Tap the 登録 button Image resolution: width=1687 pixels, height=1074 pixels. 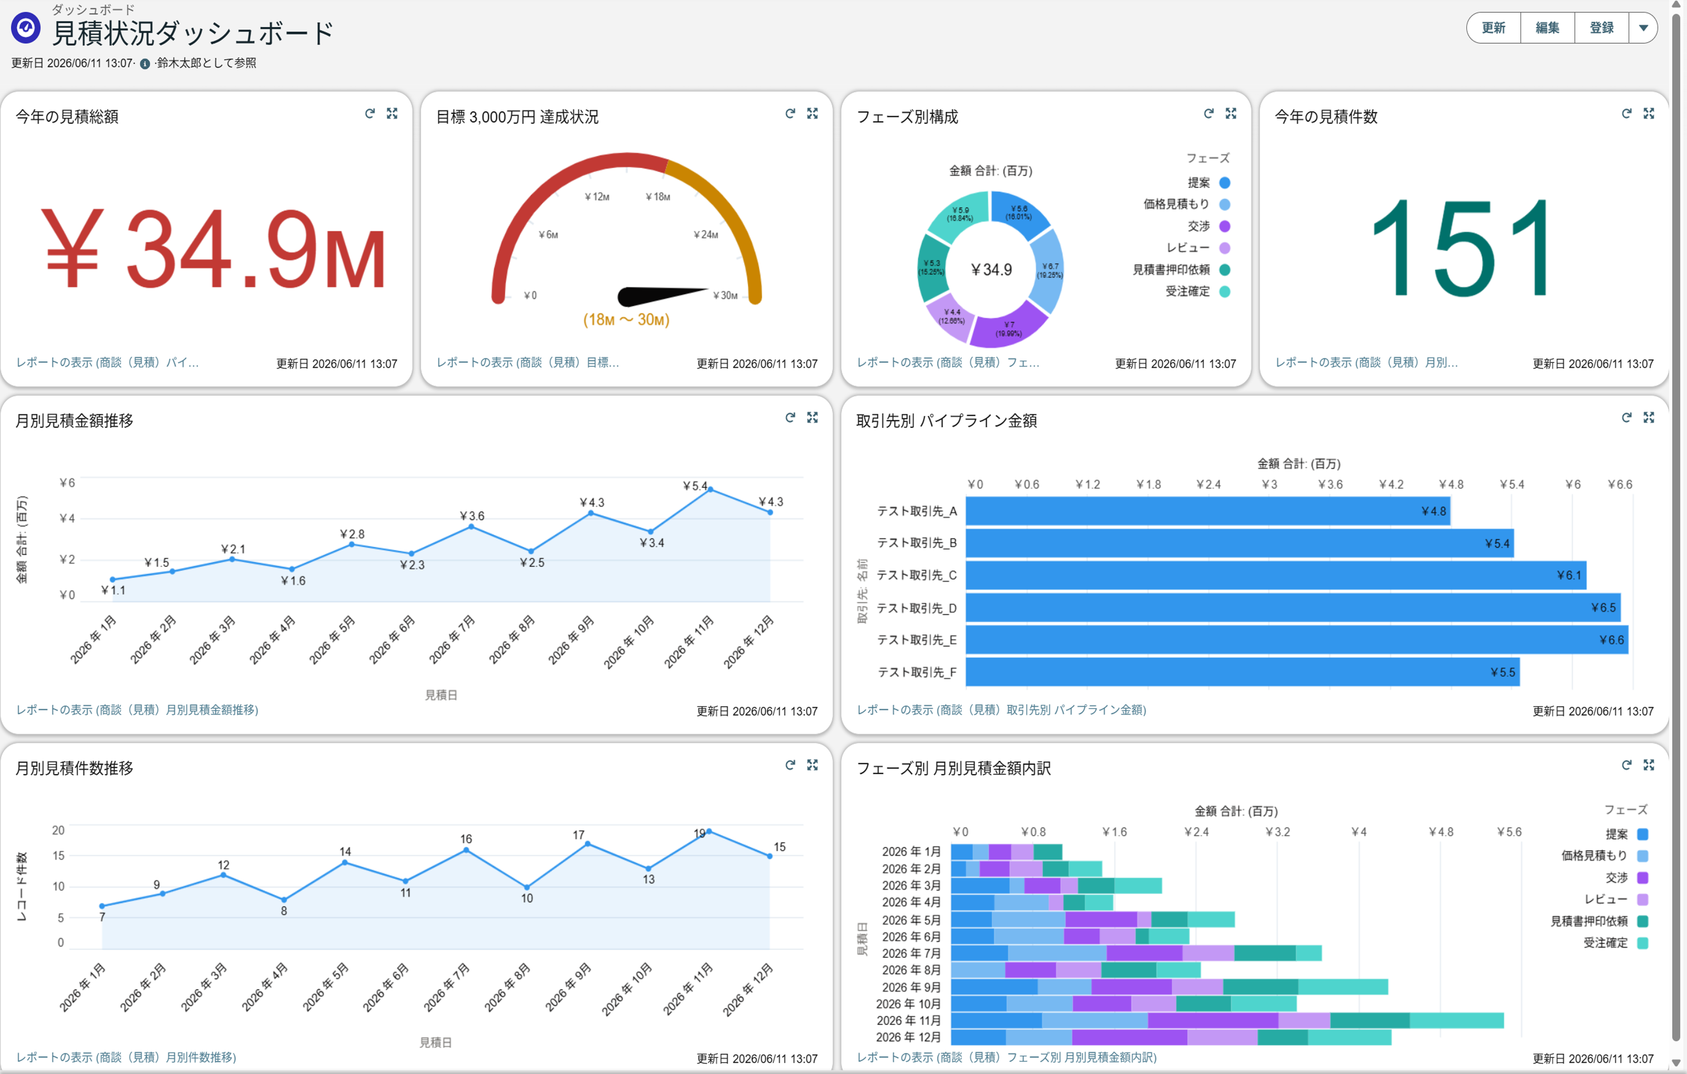pos(1601,28)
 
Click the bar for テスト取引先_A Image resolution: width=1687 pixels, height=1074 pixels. pos(1208,511)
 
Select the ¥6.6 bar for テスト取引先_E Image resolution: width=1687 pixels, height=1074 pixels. pos(1297,640)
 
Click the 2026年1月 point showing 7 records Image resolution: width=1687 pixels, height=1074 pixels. pos(102,906)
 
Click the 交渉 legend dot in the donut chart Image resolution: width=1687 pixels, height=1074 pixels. pos(1225,226)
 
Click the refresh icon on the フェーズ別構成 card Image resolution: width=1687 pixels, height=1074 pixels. pos(1208,114)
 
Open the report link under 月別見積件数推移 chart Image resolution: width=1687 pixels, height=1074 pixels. pos(126,1057)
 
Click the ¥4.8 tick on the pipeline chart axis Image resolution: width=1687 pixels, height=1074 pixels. pos(1451,484)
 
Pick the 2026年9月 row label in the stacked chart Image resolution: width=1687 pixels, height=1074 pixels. pos(911,987)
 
